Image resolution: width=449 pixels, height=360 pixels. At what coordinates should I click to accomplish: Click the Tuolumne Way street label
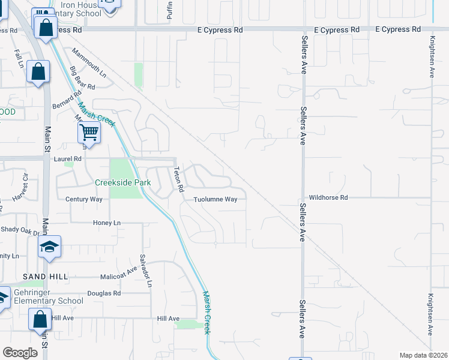point(215,200)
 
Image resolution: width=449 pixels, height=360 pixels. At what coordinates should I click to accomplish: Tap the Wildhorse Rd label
point(328,197)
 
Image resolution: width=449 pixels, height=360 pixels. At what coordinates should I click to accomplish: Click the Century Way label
point(84,199)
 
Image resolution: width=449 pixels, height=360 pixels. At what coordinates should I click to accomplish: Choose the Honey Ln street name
point(107,223)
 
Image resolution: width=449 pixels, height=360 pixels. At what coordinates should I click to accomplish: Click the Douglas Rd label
point(104,293)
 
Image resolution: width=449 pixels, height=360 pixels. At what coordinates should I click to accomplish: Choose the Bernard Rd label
point(65,100)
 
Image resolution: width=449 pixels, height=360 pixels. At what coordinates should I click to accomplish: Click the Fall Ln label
point(20,58)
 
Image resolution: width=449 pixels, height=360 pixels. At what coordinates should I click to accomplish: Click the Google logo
point(20,353)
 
